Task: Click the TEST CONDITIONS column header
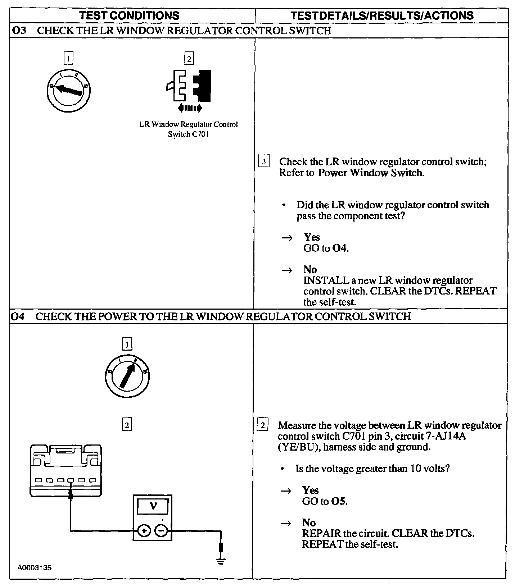[129, 15]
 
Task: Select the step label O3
[19, 31]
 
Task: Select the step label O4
[18, 316]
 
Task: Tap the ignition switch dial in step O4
[127, 376]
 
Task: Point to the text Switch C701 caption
[188, 134]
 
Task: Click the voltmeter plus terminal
[144, 530]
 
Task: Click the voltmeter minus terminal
[162, 530]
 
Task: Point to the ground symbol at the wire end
[221, 560]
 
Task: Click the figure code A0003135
[35, 568]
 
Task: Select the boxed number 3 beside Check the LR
[264, 161]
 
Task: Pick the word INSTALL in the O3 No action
[326, 280]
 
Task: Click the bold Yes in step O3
[312, 237]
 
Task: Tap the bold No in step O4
[309, 523]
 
